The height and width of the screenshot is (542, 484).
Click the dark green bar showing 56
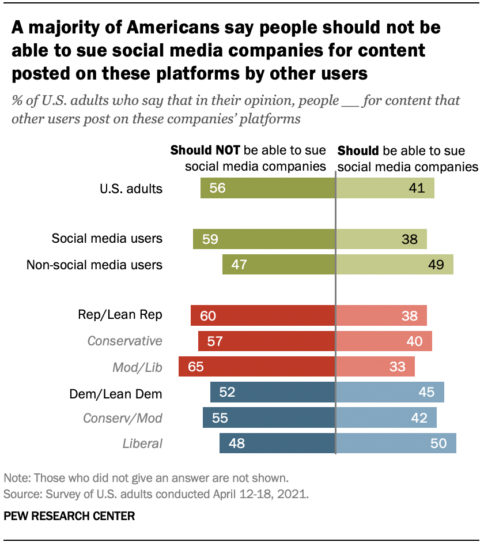click(x=268, y=188)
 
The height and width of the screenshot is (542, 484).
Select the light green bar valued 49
click(x=394, y=264)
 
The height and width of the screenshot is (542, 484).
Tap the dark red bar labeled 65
click(x=257, y=366)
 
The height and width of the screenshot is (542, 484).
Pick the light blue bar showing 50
click(x=396, y=443)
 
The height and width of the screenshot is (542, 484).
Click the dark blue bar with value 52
click(x=273, y=393)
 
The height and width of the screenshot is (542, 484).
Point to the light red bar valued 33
click(x=375, y=366)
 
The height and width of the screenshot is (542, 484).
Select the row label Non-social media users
click(x=94, y=265)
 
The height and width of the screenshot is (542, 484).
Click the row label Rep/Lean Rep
click(x=120, y=314)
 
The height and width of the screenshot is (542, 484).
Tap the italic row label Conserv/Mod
click(x=123, y=418)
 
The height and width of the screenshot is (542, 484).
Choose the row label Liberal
click(x=142, y=443)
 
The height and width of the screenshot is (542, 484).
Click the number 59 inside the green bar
click(x=210, y=239)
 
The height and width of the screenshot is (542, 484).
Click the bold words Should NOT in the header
click(x=206, y=151)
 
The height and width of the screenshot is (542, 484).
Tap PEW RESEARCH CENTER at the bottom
click(x=69, y=516)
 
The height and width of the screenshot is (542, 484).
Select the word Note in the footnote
click(x=14, y=477)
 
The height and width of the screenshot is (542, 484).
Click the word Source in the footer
click(x=20, y=494)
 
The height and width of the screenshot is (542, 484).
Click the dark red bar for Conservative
click(x=267, y=341)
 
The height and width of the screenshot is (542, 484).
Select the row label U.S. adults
click(x=130, y=188)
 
